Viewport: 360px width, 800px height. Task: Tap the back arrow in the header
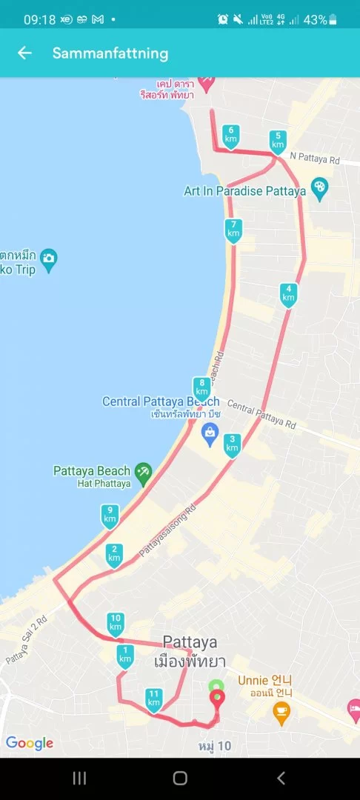click(25, 53)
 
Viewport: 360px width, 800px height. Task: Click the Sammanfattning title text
click(110, 53)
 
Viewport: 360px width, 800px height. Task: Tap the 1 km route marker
click(125, 656)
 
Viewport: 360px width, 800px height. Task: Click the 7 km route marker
click(233, 230)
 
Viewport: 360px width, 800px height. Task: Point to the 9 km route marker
click(110, 515)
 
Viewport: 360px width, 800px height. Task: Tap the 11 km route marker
click(153, 699)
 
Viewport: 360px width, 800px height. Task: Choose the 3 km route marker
click(233, 444)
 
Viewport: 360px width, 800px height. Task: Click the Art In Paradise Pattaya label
click(244, 191)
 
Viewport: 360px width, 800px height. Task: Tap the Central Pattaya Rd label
click(261, 415)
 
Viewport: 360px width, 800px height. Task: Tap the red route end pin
click(216, 699)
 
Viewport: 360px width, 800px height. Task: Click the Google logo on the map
click(30, 743)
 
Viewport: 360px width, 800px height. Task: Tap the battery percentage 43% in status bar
click(315, 19)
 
